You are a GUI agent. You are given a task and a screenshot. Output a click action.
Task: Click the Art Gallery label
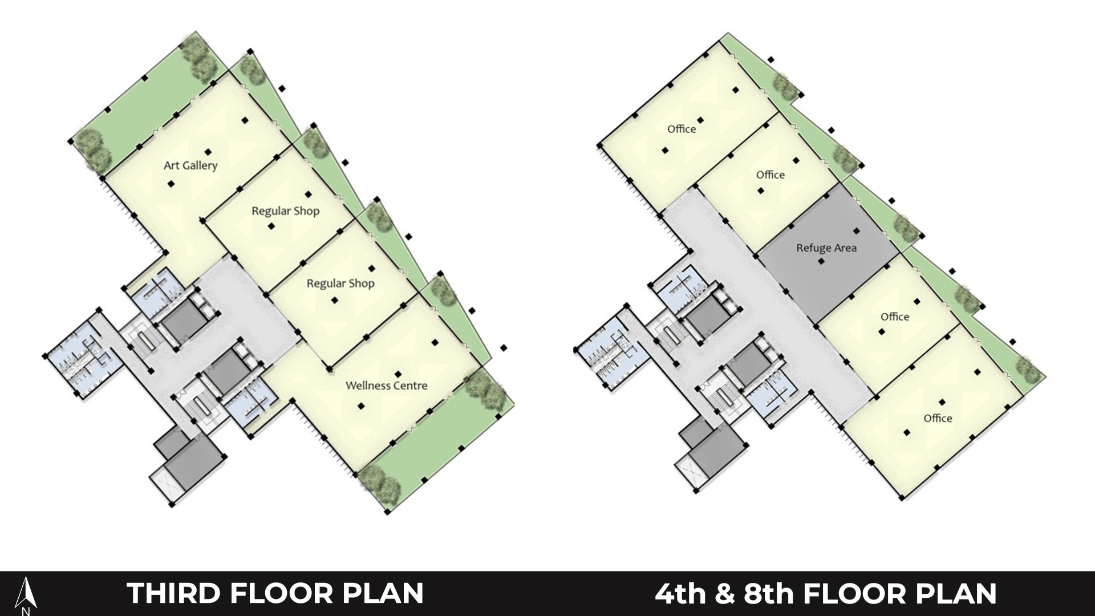pyautogui.click(x=190, y=165)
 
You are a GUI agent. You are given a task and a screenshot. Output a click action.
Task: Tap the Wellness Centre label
pyautogui.click(x=386, y=386)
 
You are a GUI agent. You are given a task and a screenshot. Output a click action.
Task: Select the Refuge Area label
pyautogui.click(x=826, y=248)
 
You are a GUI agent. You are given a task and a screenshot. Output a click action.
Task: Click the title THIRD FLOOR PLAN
pyautogui.click(x=275, y=593)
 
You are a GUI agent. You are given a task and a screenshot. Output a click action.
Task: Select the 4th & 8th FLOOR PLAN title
pyautogui.click(x=825, y=593)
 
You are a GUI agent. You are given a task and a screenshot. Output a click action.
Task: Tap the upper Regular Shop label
pyautogui.click(x=285, y=211)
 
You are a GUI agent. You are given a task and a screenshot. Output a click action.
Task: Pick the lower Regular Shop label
pyautogui.click(x=340, y=283)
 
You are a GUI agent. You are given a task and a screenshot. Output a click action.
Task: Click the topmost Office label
pyautogui.click(x=682, y=129)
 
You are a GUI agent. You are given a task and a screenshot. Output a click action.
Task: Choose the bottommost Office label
pyautogui.click(x=938, y=418)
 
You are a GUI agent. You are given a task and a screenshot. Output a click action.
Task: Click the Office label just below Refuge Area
pyautogui.click(x=895, y=317)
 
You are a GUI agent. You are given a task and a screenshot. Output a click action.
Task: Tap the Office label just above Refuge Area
pyautogui.click(x=770, y=175)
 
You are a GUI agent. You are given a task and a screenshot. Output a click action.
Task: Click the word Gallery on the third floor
pyautogui.click(x=199, y=166)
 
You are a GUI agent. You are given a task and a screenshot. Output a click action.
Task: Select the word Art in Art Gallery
pyautogui.click(x=171, y=165)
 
